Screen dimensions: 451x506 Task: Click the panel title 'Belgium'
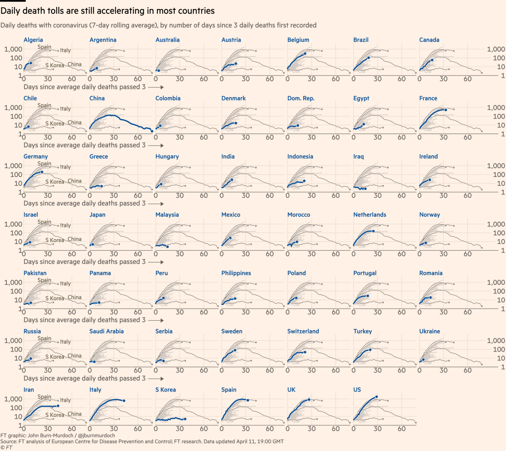pos(298,40)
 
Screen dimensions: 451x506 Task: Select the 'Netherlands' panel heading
pos(369,215)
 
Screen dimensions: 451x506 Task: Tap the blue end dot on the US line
pos(376,397)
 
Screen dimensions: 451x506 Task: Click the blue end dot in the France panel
pos(445,110)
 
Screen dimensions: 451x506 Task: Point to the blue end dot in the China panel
pos(152,131)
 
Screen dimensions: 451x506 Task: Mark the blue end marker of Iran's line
pos(58,406)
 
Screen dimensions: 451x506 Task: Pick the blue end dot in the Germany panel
pos(42,172)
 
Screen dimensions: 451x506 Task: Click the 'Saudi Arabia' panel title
pos(106,332)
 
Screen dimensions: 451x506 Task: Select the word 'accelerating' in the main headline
pos(122,11)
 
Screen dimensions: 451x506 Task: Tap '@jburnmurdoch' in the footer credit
pos(96,435)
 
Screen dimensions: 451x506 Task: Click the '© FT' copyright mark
pos(6,447)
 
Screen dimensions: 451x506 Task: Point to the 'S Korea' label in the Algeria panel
pos(55,65)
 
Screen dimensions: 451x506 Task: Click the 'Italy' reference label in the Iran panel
pos(65,400)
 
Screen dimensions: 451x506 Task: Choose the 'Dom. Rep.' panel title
pos(300,98)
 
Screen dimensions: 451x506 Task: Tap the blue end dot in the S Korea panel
pos(185,419)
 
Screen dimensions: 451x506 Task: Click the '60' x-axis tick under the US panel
pos(402,429)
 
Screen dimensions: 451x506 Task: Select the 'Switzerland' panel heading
pos(303,332)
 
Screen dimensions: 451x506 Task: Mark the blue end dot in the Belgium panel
pos(305,54)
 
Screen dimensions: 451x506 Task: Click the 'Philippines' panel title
pos(236,273)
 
